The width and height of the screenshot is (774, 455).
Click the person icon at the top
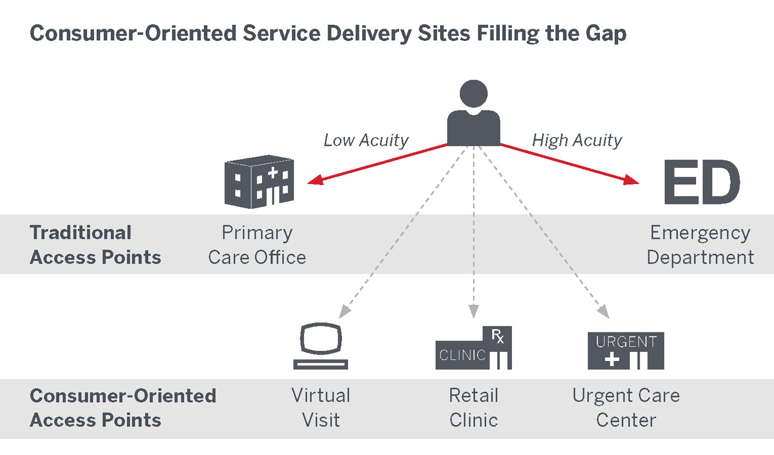[x=473, y=114]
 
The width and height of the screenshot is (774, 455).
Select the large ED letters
[x=701, y=182]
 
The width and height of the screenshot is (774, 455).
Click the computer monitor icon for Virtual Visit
[x=321, y=346]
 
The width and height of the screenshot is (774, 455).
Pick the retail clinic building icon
[x=474, y=349]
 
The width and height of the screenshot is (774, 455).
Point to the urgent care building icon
[x=626, y=351]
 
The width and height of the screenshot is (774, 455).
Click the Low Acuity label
[x=365, y=140]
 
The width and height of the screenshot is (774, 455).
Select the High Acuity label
[x=577, y=140]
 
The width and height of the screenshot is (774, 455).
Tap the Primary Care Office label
[x=257, y=245]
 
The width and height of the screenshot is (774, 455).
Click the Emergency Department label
[x=700, y=245]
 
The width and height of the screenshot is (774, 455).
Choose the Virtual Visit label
[x=321, y=408]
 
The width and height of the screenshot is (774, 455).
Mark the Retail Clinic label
[x=474, y=408]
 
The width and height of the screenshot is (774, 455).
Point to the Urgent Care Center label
[x=626, y=408]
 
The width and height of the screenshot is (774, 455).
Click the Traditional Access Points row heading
[x=96, y=245]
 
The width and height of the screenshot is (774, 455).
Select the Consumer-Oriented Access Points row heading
[x=123, y=408]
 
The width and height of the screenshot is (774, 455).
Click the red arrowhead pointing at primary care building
[x=313, y=181]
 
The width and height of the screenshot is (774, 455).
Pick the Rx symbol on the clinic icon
[x=497, y=335]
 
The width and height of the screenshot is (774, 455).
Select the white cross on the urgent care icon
[x=612, y=361]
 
